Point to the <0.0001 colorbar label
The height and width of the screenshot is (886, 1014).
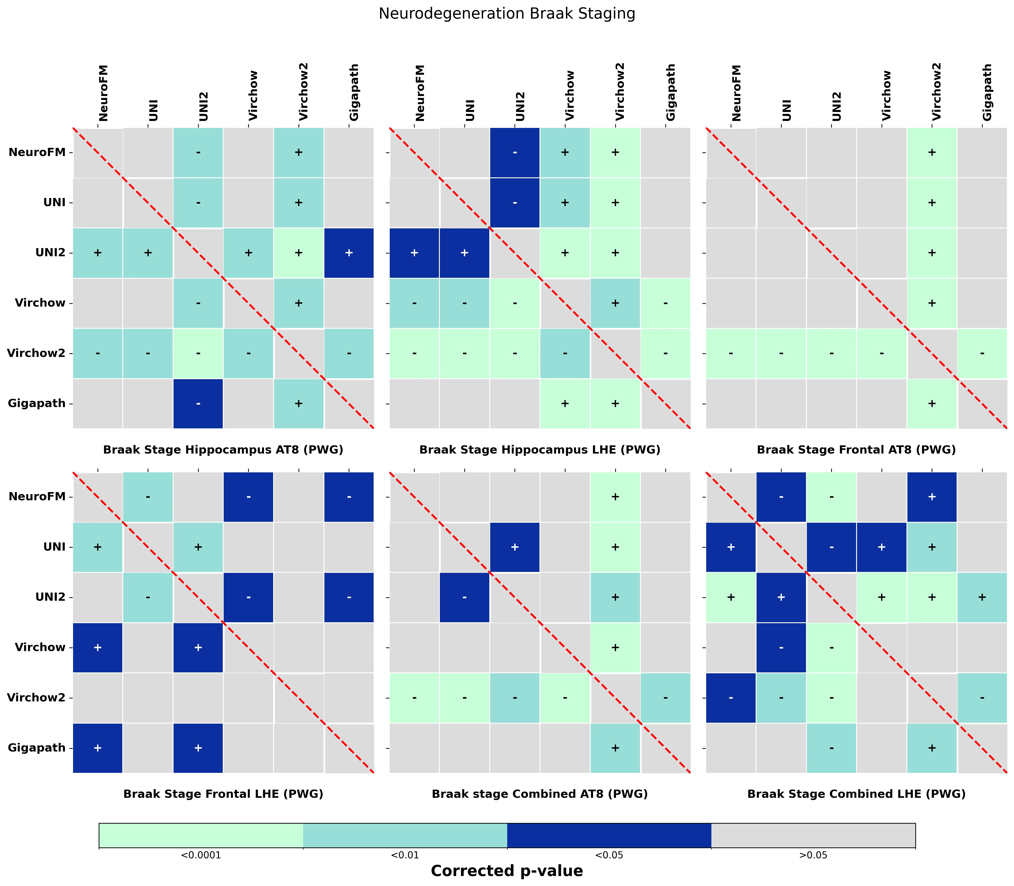tap(201, 855)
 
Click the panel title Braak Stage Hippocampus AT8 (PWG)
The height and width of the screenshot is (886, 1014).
tap(223, 449)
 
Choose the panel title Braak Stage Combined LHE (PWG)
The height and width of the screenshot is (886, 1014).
tap(856, 794)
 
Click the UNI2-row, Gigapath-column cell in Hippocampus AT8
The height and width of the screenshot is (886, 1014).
tap(349, 253)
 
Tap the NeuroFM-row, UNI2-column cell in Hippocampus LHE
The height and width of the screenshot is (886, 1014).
tap(514, 152)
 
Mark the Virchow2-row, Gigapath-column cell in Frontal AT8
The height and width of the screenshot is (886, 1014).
tap(982, 353)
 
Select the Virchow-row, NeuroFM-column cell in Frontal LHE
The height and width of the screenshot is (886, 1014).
tap(98, 647)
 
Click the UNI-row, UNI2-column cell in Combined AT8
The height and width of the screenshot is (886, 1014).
tap(514, 547)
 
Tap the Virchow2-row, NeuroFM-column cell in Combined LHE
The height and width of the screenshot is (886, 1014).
tap(731, 698)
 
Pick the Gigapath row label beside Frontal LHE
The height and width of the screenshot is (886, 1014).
tap(37, 748)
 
